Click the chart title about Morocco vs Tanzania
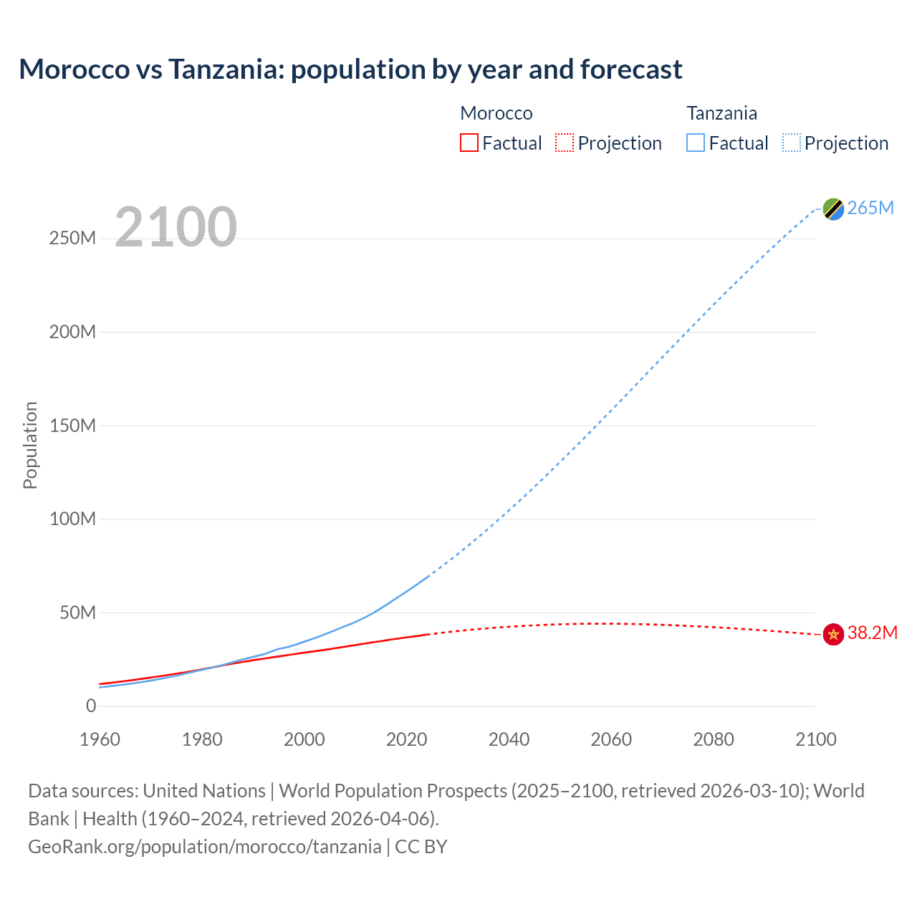(350, 69)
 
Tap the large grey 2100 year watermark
(176, 227)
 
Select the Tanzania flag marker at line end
(833, 208)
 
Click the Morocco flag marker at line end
(833, 634)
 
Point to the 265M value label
(870, 208)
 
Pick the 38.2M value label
(872, 633)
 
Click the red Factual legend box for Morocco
(469, 143)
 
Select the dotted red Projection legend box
(565, 143)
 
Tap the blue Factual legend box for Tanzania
(696, 143)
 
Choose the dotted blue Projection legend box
(792, 143)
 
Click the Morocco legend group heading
(496, 113)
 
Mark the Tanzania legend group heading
(721, 113)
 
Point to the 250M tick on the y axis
(72, 239)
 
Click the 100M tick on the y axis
(72, 519)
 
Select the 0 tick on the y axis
(90, 706)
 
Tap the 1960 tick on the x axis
(100, 739)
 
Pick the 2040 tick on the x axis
(509, 739)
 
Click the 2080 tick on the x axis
(714, 739)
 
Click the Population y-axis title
(30, 445)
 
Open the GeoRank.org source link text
(205, 847)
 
